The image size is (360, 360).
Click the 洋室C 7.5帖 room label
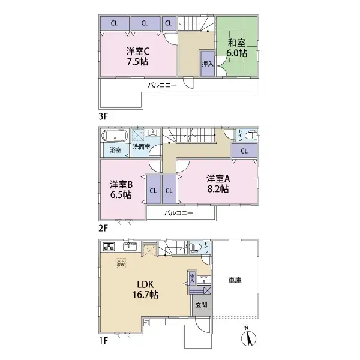click(x=137, y=56)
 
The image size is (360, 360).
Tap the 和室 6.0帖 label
click(x=237, y=47)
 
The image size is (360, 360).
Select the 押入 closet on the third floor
click(x=206, y=63)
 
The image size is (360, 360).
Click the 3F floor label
click(x=103, y=115)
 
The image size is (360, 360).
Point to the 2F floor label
click(x=103, y=228)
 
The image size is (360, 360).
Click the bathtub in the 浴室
click(x=113, y=135)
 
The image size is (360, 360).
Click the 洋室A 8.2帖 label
click(x=219, y=183)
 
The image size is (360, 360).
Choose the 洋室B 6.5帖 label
click(x=121, y=189)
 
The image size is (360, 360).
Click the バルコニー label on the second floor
click(x=178, y=213)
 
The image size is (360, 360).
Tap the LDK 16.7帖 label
click(x=146, y=289)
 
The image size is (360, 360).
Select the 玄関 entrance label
click(x=201, y=304)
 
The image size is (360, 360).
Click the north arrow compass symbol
click(x=247, y=337)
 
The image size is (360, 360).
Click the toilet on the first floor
click(x=196, y=247)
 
